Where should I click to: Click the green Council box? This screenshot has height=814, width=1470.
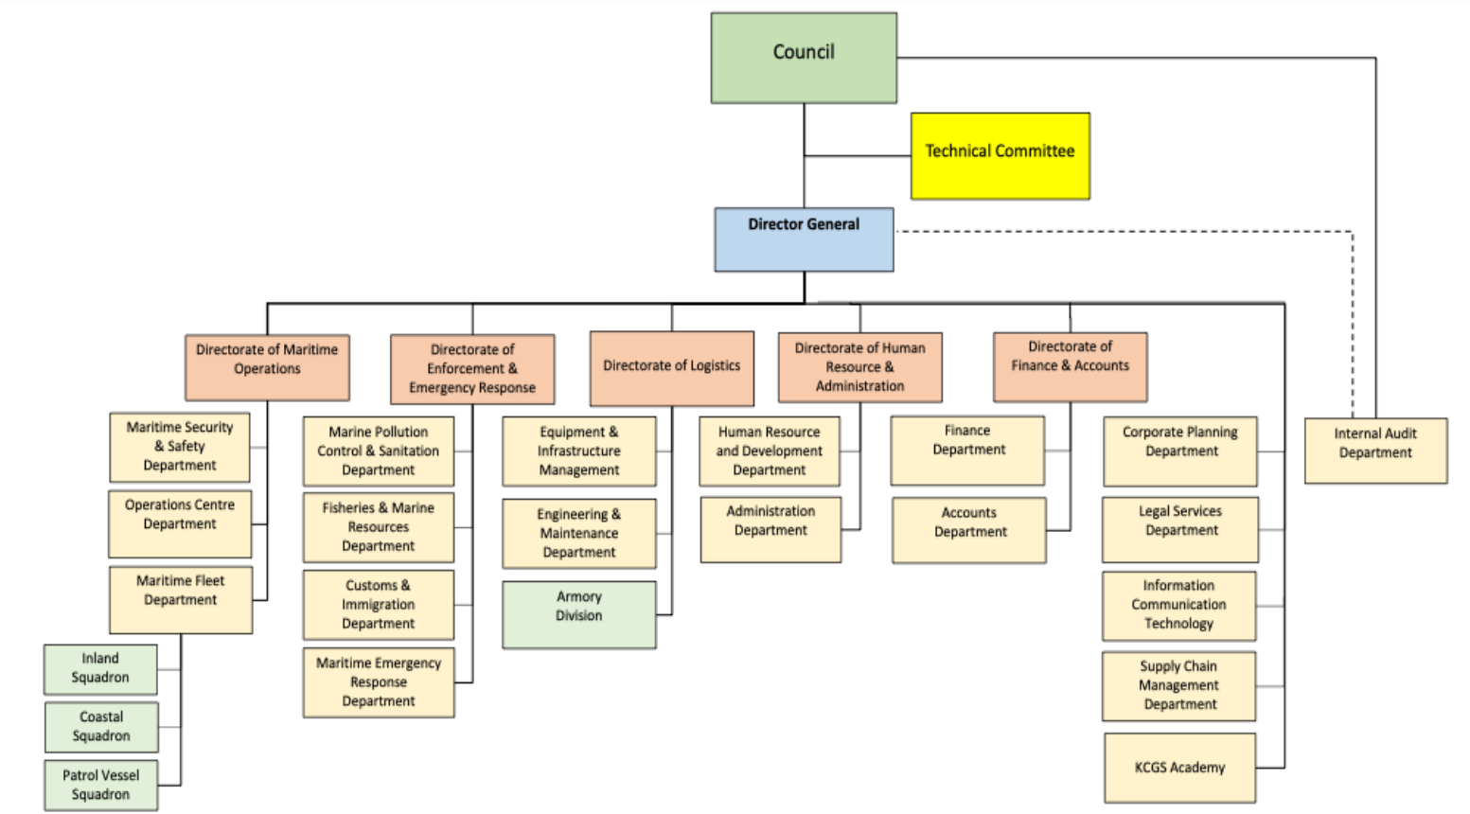(804, 58)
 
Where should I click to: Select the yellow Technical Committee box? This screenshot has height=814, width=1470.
(1000, 156)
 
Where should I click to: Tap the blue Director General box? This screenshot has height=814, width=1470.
(804, 239)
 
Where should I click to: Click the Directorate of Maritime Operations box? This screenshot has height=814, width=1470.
(267, 366)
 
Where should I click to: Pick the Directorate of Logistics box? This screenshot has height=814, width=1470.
(671, 367)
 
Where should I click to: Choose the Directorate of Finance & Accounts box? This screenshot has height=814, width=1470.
(1070, 366)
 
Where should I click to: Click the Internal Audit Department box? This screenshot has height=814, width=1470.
(1375, 451)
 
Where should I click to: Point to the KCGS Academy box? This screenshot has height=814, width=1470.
(1179, 768)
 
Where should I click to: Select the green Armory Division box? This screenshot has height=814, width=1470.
(578, 614)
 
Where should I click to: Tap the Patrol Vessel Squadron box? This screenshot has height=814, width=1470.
(100, 785)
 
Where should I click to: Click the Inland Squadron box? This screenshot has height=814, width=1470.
(100, 668)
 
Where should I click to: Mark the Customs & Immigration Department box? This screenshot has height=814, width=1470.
(378, 604)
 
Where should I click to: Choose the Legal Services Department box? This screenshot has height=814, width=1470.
(1180, 529)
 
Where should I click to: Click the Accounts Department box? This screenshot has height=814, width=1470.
(968, 530)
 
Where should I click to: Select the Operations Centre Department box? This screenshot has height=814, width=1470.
(180, 522)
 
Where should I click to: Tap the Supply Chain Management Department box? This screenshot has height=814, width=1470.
(1178, 685)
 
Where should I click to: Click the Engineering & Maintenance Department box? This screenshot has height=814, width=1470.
(578, 533)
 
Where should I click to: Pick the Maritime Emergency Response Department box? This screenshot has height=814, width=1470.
(378, 681)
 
